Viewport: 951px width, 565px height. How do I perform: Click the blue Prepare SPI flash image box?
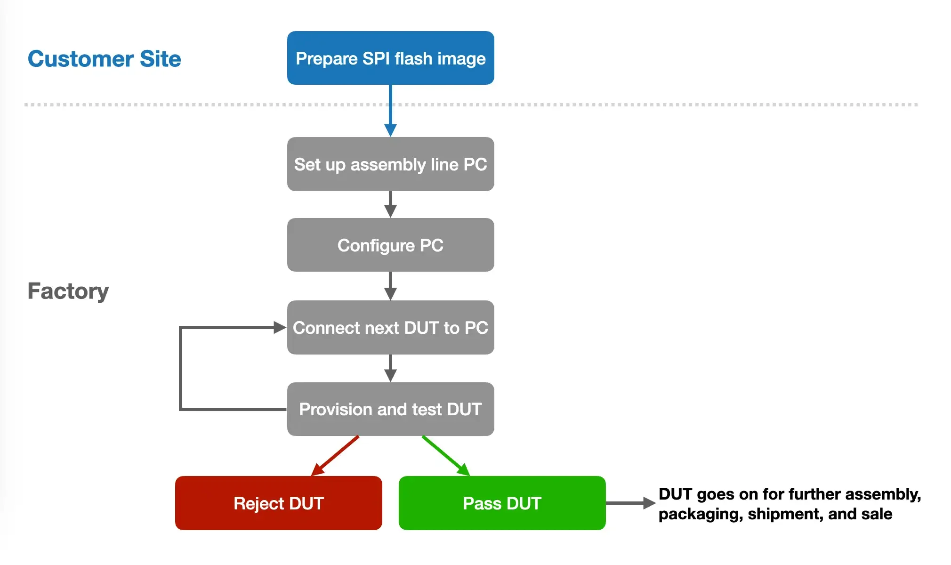tap(390, 58)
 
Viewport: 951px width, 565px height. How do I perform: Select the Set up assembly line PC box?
tap(390, 164)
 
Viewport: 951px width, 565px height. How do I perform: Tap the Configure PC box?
tap(390, 245)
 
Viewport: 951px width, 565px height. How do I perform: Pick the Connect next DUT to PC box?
tap(390, 327)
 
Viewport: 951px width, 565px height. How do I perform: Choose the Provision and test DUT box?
tap(390, 409)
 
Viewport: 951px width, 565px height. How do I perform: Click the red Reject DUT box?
tap(278, 503)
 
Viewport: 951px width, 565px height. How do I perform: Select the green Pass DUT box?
tap(502, 503)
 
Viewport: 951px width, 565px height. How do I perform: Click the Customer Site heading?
tap(104, 59)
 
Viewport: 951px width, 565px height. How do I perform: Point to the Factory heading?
tap(68, 291)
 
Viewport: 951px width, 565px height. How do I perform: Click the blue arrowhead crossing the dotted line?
tap(390, 129)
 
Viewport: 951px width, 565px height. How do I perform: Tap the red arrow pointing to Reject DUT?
tap(335, 455)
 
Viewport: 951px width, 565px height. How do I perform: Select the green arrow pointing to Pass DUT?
tap(446, 455)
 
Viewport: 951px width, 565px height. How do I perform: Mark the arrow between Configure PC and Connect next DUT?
tap(390, 286)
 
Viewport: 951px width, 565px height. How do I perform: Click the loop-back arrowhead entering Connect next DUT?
tap(280, 327)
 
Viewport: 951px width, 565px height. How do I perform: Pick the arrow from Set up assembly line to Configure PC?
tap(390, 204)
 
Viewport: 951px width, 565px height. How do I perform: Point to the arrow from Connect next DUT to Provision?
tap(390, 368)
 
